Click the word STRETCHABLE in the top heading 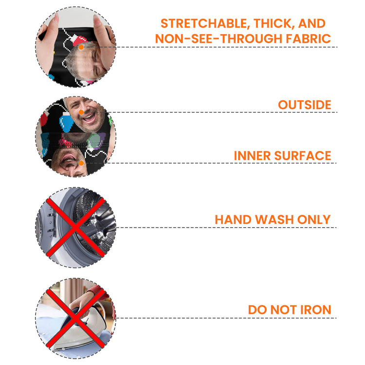tap(204, 23)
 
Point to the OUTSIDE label tap(305, 105)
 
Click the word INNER tap(252, 156)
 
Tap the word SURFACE tap(303, 156)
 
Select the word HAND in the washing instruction tap(233, 219)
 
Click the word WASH tap(274, 219)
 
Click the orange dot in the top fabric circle tap(81, 47)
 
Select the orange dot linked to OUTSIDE tap(81, 112)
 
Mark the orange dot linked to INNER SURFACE tap(81, 163)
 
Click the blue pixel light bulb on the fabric tap(66, 122)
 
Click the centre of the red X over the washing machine tap(75, 228)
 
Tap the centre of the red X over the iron tap(75, 318)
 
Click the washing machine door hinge tap(52, 223)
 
